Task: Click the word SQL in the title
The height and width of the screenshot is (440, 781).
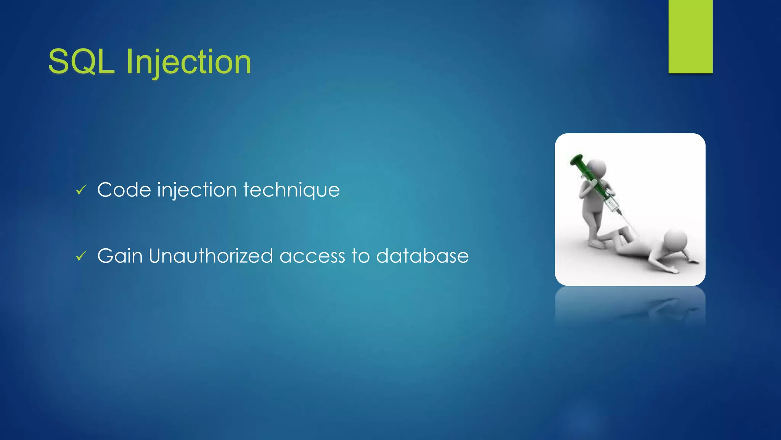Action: pos(81,62)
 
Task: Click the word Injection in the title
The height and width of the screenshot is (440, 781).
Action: pos(188,62)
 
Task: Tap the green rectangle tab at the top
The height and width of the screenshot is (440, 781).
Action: pos(690,36)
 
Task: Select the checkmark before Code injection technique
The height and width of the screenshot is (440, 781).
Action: pos(81,189)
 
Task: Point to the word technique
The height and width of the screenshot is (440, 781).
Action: pos(291,190)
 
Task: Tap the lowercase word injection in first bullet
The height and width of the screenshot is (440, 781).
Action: pos(197,190)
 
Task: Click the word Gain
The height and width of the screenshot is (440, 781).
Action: pos(120,256)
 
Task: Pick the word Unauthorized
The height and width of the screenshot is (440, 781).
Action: pos(211,256)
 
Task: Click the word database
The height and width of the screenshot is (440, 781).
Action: pos(422,256)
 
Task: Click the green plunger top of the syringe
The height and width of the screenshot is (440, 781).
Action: pos(576,159)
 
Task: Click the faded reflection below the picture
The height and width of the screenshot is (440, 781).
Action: pos(630,306)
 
